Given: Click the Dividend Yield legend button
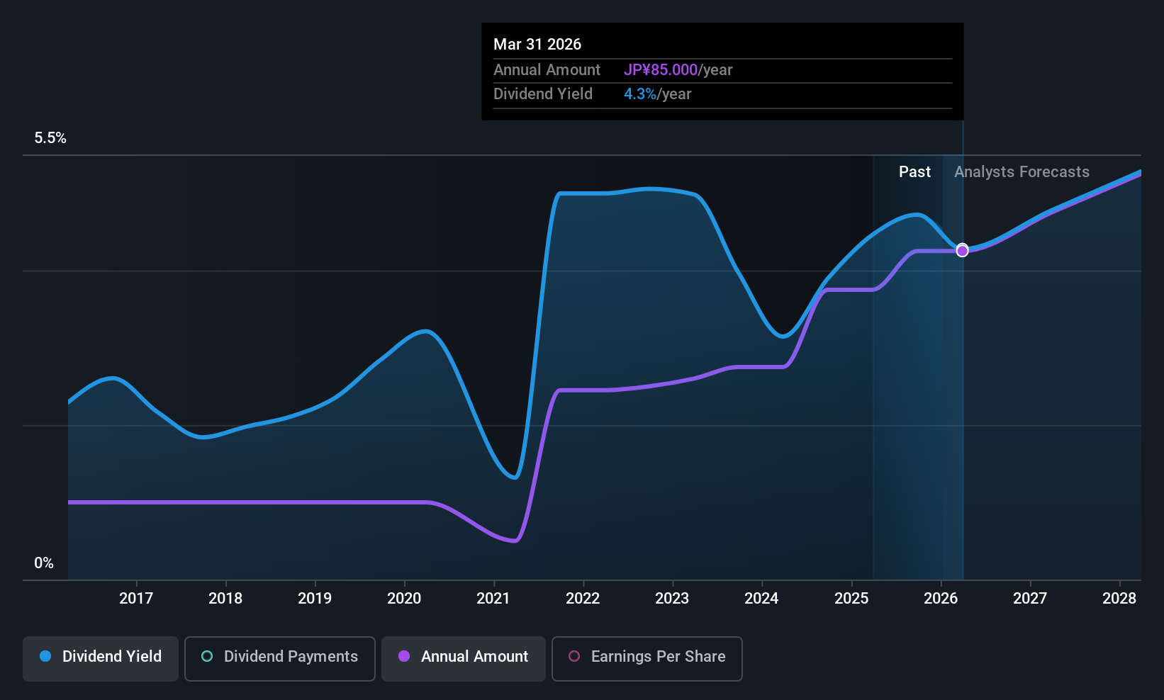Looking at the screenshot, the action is click(x=100, y=658).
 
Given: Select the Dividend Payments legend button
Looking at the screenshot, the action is click(x=279, y=658).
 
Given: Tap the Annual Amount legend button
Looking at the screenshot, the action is click(x=464, y=658).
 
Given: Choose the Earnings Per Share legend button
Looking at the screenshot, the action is click(x=647, y=658).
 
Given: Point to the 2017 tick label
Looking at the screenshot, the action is click(x=136, y=598).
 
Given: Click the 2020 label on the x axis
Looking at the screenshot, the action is click(x=404, y=598).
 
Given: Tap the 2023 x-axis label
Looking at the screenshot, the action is click(x=673, y=598).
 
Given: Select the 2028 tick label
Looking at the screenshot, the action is click(x=1119, y=598).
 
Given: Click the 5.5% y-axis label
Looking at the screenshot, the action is click(x=50, y=137).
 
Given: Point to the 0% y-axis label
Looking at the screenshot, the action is click(x=44, y=563).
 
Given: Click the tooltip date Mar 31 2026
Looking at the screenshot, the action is click(x=537, y=44).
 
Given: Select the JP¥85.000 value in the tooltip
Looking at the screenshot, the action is click(x=661, y=69).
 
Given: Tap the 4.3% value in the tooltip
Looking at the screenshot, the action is click(x=639, y=94).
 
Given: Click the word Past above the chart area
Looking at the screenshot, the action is click(x=914, y=172).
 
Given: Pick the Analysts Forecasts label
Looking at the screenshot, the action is click(x=1022, y=172).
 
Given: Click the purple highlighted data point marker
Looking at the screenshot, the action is click(x=963, y=251).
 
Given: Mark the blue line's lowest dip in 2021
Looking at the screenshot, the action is click(x=515, y=478).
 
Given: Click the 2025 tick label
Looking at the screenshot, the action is click(x=851, y=598).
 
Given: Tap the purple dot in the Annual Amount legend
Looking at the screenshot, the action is click(x=404, y=656).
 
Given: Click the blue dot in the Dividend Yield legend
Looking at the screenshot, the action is click(x=45, y=656).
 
